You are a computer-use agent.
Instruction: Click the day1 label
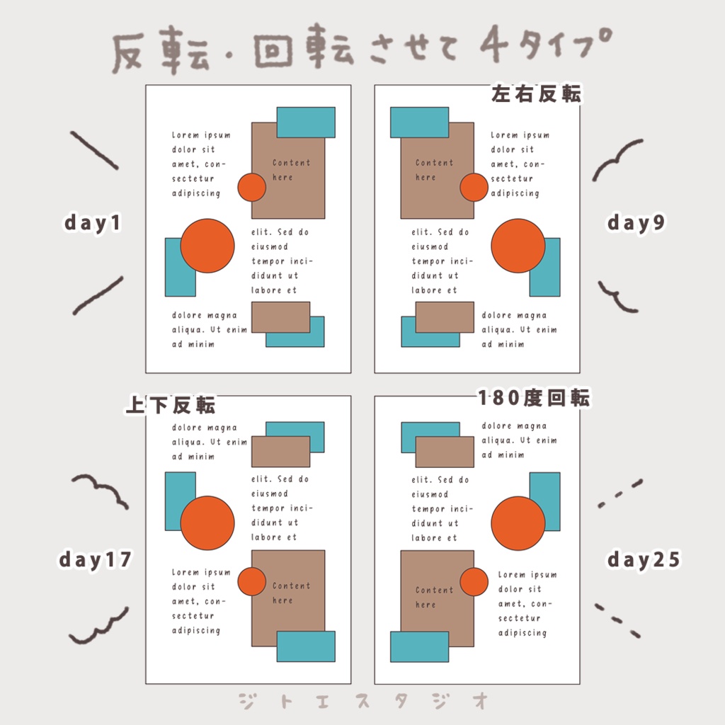coord(93,223)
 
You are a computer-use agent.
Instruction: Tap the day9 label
coord(636,223)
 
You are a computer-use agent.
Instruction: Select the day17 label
coord(95,560)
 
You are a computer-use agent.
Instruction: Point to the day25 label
coord(643,560)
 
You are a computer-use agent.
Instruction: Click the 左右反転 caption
coord(536,94)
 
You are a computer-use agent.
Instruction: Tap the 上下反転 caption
coord(171,405)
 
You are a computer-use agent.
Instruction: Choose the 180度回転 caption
coord(534,398)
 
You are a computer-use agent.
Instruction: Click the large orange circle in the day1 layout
coord(207,246)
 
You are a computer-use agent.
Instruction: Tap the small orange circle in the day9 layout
coord(474,188)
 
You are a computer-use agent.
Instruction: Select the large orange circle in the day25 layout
coord(518,523)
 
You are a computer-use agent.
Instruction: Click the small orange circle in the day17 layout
coord(251,581)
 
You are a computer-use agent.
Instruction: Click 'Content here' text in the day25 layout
coord(433,597)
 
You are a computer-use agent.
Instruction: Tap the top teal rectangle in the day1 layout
coord(305,122)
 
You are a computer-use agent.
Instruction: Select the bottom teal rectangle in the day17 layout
coord(305,646)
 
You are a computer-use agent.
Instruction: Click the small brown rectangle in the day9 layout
coord(445,317)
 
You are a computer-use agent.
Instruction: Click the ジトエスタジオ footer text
coord(363,701)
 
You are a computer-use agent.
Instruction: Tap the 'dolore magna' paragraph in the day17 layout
coord(210,442)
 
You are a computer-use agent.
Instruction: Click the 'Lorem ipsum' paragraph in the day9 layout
coord(520,164)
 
